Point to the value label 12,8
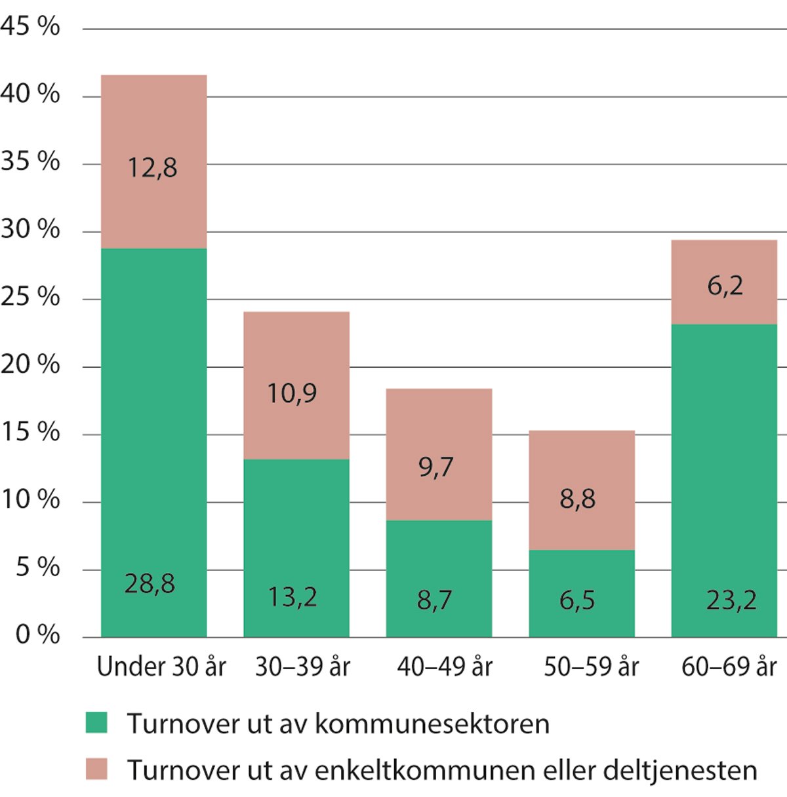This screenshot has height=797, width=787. [x=152, y=168]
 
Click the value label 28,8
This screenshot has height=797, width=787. [x=150, y=583]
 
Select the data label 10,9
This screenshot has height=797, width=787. [x=292, y=393]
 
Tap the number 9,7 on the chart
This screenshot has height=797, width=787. [x=435, y=467]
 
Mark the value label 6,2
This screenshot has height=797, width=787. [x=725, y=286]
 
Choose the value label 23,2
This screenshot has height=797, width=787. [x=731, y=600]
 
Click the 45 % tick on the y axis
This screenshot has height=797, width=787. [x=30, y=27]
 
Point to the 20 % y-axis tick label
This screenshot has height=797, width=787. [x=30, y=364]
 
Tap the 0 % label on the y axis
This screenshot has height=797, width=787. [x=37, y=634]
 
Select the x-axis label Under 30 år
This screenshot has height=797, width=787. [x=161, y=667]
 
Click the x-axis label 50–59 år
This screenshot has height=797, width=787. [x=591, y=667]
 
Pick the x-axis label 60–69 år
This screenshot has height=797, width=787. [x=729, y=667]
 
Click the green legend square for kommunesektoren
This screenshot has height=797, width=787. [x=96, y=723]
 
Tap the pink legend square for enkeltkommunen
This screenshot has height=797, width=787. [x=96, y=769]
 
